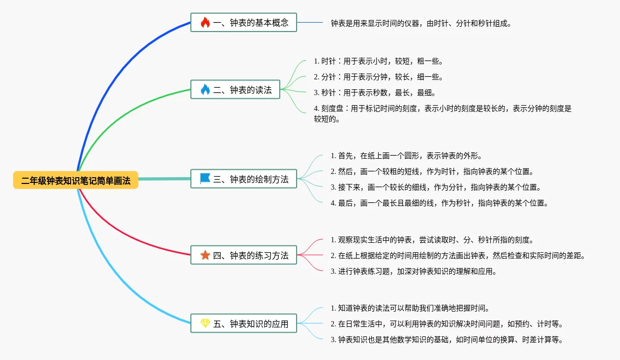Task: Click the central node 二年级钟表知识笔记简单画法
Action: tap(76, 180)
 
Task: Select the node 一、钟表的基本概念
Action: tap(243, 23)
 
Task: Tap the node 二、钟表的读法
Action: tap(235, 89)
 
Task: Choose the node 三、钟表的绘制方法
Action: tap(243, 179)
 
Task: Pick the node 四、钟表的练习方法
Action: tap(243, 255)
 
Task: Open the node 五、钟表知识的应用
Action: tap(243, 324)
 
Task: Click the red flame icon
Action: tap(205, 23)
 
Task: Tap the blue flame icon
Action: tap(205, 89)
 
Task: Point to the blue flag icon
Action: tap(205, 179)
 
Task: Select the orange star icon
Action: tap(205, 255)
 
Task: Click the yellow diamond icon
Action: tap(205, 324)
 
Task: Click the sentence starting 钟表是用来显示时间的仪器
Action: tap(421, 23)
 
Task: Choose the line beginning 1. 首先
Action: tap(406, 156)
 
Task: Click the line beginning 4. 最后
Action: tap(439, 203)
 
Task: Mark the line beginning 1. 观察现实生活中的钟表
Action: tap(432, 240)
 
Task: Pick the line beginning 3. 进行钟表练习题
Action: tap(413, 271)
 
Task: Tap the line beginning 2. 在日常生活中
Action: tap(447, 324)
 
